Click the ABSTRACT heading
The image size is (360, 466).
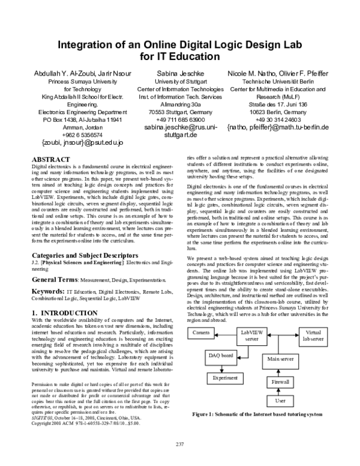[53, 159]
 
